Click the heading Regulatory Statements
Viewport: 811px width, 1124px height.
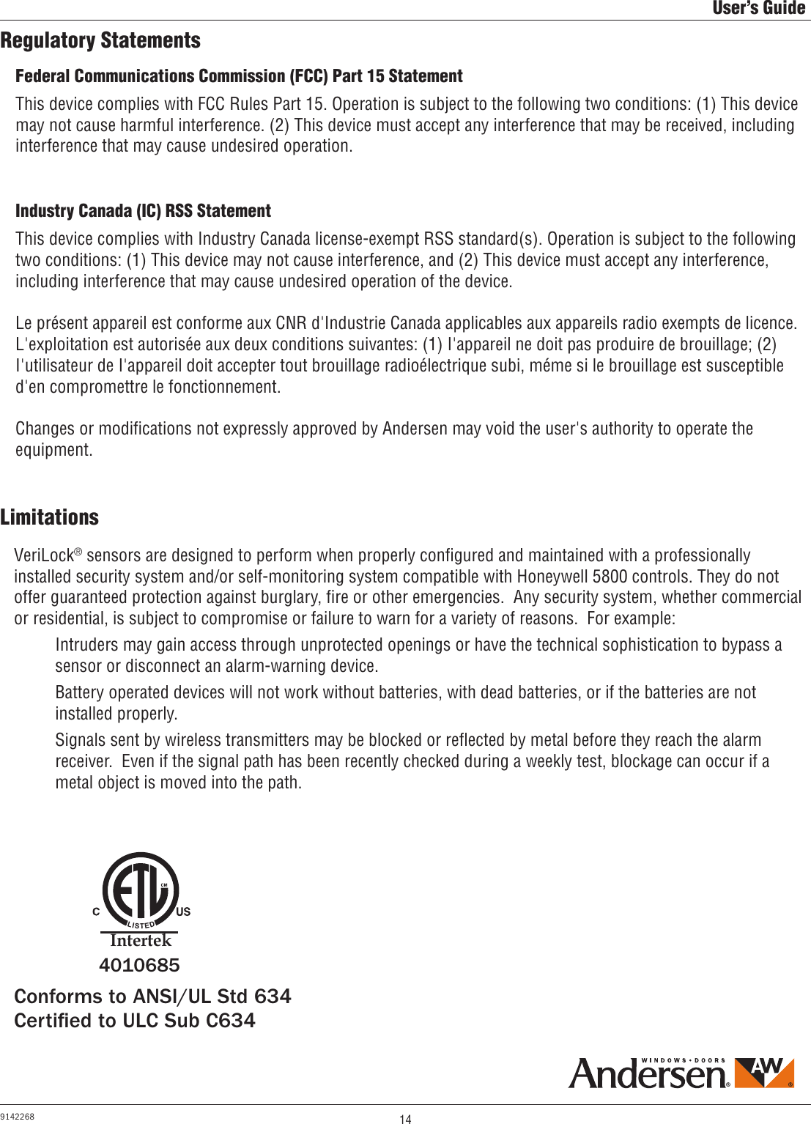[100, 40]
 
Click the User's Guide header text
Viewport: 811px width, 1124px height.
[759, 9]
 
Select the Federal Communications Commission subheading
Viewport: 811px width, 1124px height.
[239, 76]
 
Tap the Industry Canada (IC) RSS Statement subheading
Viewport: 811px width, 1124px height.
[143, 211]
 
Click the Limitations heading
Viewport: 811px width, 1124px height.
[49, 517]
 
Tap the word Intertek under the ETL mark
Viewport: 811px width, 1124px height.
[140, 940]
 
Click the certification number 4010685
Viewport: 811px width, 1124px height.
[139, 966]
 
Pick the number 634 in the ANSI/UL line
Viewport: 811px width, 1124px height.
[272, 997]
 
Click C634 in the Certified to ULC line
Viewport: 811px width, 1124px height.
[231, 1021]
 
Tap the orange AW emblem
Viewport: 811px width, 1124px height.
[763, 1073]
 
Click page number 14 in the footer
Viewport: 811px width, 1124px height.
[405, 1119]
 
